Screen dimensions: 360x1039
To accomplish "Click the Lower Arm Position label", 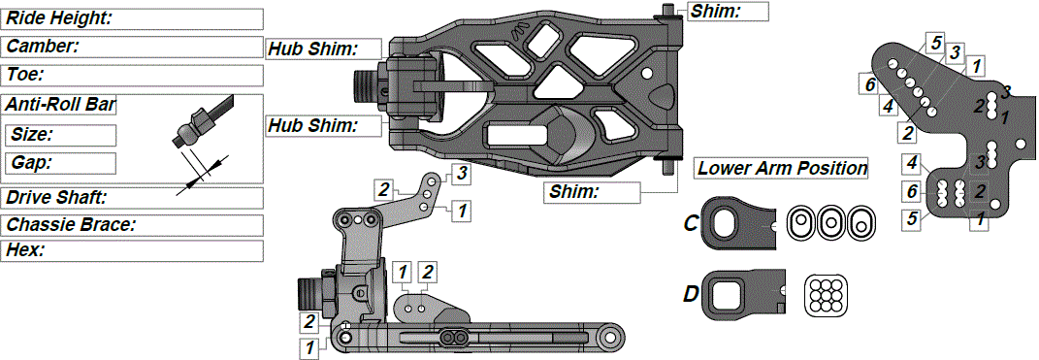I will [782, 168].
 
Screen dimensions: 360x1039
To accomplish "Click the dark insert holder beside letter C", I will [741, 222].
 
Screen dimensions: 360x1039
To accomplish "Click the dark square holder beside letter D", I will [743, 295].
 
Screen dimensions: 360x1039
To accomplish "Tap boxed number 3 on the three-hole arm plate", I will [462, 175].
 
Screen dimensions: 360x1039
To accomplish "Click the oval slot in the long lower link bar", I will [452, 337].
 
